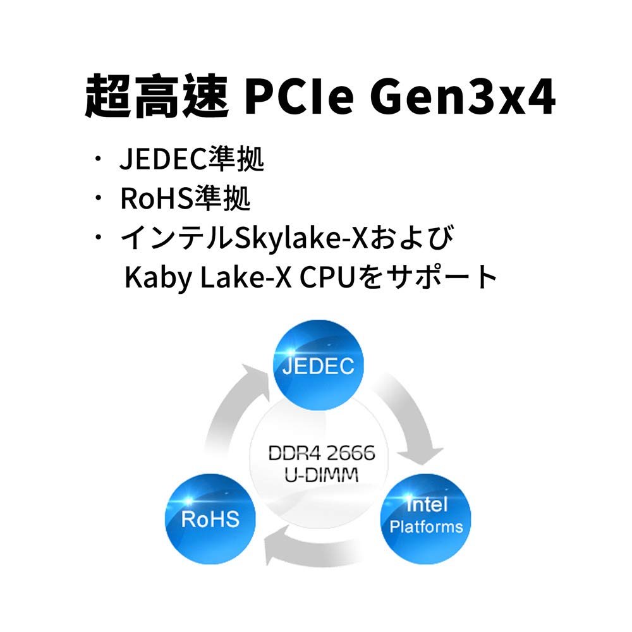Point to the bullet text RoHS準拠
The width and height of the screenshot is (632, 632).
point(185,200)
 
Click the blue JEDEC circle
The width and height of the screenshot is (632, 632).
point(318,365)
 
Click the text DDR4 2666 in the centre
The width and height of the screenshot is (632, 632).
point(322,453)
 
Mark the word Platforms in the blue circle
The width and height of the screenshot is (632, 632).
point(426,526)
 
